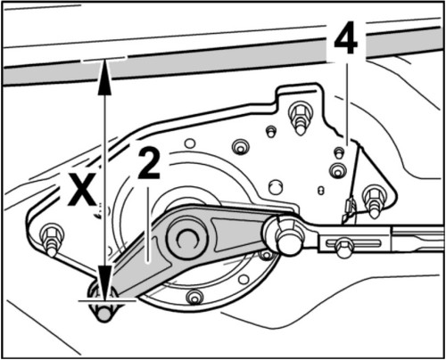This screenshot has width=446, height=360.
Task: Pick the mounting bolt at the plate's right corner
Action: pyautogui.click(x=373, y=197)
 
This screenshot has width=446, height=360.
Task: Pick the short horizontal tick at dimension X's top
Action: pyautogui.click(x=104, y=61)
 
